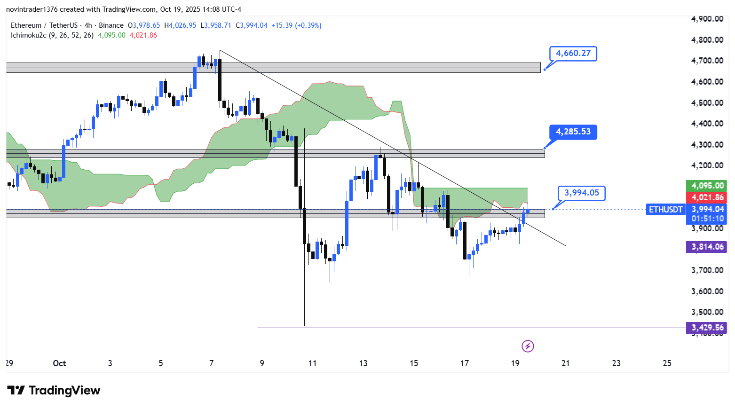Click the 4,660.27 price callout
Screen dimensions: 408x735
pos(573,54)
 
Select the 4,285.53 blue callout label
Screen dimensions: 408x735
pos(573,132)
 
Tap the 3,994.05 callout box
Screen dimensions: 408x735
pos(581,193)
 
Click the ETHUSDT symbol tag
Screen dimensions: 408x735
pos(665,210)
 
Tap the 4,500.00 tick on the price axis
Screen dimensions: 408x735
pos(707,103)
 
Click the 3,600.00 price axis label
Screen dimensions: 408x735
pos(707,291)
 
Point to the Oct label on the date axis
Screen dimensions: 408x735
pos(59,363)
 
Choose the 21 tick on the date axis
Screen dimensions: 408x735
pos(566,363)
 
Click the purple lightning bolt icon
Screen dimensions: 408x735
pos(528,346)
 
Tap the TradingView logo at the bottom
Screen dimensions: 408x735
pos(54,391)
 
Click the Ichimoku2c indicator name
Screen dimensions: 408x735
pos(29,35)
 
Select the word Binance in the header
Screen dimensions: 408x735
pos(111,25)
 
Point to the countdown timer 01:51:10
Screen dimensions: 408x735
pos(707,219)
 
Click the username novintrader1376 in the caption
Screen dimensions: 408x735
pos(32,9)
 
